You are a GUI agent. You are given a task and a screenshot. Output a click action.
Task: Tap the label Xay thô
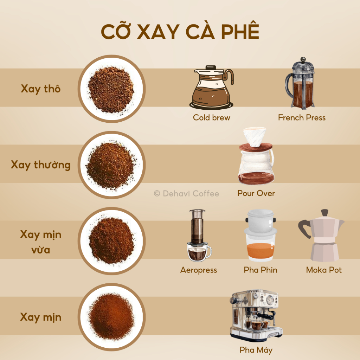click(x=41, y=89)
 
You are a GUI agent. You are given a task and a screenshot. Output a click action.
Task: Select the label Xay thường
click(x=41, y=165)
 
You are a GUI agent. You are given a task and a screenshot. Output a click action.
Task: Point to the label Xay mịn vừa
click(x=41, y=242)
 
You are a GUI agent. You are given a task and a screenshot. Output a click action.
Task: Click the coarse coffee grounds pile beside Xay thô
click(x=111, y=89)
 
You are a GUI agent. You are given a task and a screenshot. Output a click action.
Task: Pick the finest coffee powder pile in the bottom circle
click(x=111, y=316)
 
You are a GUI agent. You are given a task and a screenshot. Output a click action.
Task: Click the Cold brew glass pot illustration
click(x=212, y=87)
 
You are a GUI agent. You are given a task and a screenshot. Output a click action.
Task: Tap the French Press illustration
click(x=300, y=83)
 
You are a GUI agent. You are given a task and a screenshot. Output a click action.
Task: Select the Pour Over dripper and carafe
click(x=256, y=156)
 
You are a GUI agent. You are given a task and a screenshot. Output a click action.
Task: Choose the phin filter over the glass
click(x=261, y=235)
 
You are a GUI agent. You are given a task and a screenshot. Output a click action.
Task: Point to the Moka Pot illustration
click(x=321, y=235)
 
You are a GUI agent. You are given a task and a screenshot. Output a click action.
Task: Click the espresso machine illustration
click(x=256, y=315)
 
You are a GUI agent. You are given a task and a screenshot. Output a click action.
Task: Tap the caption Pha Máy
click(x=256, y=350)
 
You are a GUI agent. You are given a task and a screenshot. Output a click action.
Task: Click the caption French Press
click(x=302, y=117)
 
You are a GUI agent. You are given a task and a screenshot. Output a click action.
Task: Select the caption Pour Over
click(x=256, y=193)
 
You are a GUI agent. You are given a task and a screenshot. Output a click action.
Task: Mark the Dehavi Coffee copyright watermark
click(x=186, y=194)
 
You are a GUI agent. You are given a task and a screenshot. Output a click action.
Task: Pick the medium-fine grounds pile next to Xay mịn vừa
click(x=111, y=240)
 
